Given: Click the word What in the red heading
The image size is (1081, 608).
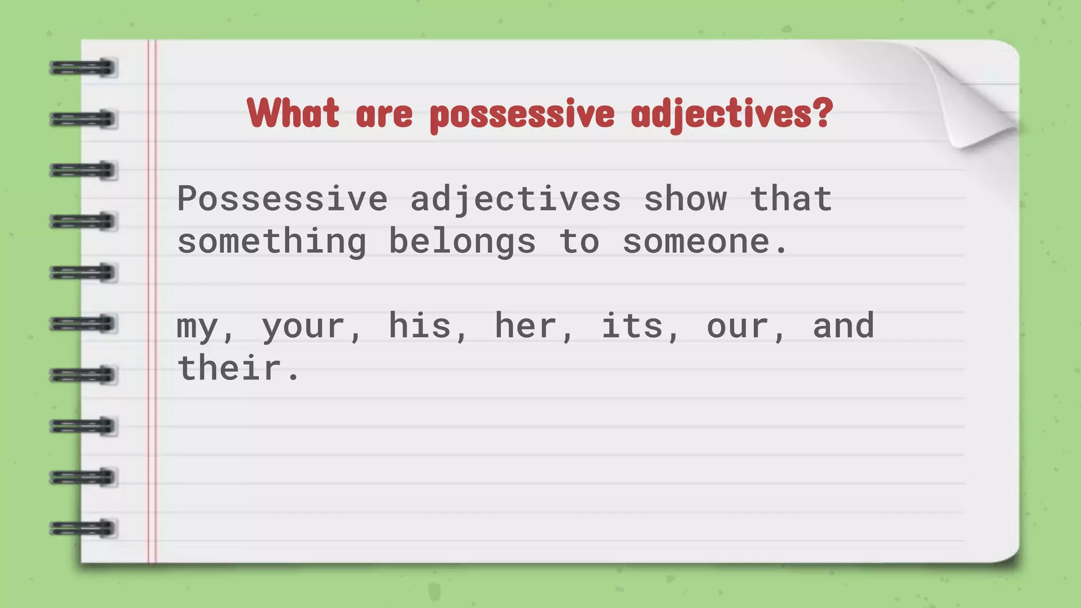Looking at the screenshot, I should pyautogui.click(x=293, y=113).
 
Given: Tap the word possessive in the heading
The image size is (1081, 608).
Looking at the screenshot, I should pyautogui.click(x=522, y=115).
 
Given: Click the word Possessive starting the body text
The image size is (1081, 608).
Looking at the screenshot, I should pyautogui.click(x=282, y=199).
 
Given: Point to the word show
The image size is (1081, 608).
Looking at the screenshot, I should pyautogui.click(x=685, y=199).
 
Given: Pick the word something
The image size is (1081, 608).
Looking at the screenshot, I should pyautogui.click(x=272, y=242).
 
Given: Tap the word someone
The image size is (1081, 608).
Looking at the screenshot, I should pyautogui.click(x=697, y=242).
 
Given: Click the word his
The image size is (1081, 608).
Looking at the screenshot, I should pyautogui.click(x=420, y=326).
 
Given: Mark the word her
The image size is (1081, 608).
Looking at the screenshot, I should pyautogui.click(x=526, y=326).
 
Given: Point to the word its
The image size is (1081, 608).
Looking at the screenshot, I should pyautogui.click(x=632, y=326).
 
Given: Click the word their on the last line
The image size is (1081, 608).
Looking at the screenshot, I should pyautogui.click(x=230, y=368).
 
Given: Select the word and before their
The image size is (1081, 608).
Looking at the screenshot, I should pyautogui.click(x=843, y=326).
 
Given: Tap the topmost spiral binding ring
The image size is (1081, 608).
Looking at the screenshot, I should pyautogui.click(x=83, y=68).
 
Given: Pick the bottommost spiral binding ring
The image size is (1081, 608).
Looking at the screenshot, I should pyautogui.click(x=83, y=528).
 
